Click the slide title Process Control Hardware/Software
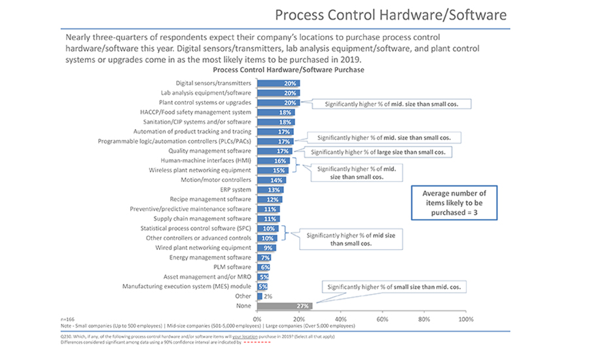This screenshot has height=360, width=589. tap(390, 14)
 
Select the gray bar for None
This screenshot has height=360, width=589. tap(285, 305)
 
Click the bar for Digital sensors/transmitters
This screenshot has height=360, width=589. tap(278, 83)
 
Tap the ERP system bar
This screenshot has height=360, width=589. tap(270, 189)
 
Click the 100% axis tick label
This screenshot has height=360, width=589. tap(465, 319)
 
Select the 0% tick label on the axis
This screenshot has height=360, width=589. tap(257, 319)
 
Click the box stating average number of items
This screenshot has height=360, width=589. tap(454, 204)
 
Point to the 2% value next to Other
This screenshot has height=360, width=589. tap(268, 296)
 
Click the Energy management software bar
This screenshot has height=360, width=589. tap(264, 257)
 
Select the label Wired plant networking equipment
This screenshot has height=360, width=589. tap(203, 248)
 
